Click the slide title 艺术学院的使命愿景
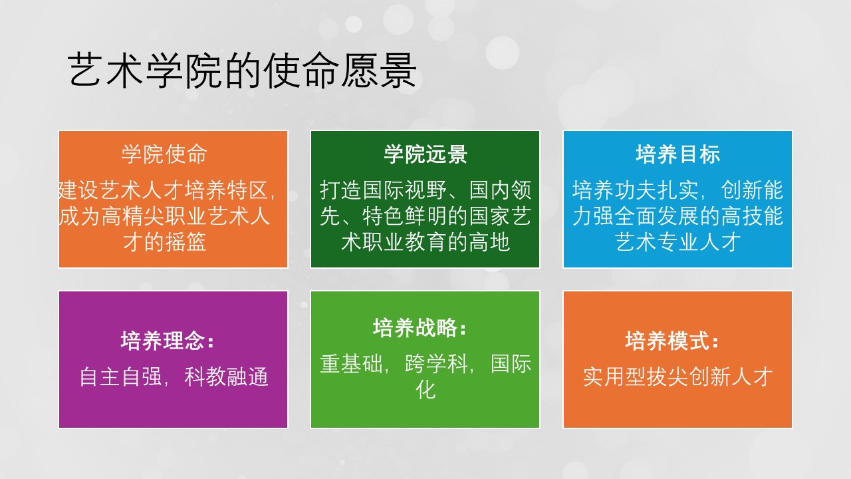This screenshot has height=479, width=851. [x=242, y=71]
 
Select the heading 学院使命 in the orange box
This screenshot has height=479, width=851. [x=164, y=154]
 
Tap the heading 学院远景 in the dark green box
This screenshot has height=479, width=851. [x=425, y=154]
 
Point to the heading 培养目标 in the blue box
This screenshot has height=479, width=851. [x=677, y=154]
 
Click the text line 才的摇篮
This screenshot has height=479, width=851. [x=164, y=242]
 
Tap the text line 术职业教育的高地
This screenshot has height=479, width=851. [x=425, y=242]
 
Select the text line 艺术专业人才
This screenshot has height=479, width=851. [x=677, y=242]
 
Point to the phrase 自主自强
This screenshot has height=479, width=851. [x=120, y=377]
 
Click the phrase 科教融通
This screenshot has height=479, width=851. [x=227, y=377]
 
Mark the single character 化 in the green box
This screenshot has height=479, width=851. [x=425, y=390]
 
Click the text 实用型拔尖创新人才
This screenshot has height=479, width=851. [x=677, y=377]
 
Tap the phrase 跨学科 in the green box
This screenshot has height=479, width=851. [x=436, y=364]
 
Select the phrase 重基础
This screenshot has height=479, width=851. [x=351, y=364]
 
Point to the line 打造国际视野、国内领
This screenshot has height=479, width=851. [x=425, y=190]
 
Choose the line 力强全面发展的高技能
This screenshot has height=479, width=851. [x=677, y=216]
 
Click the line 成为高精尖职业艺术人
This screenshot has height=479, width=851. [x=164, y=216]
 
